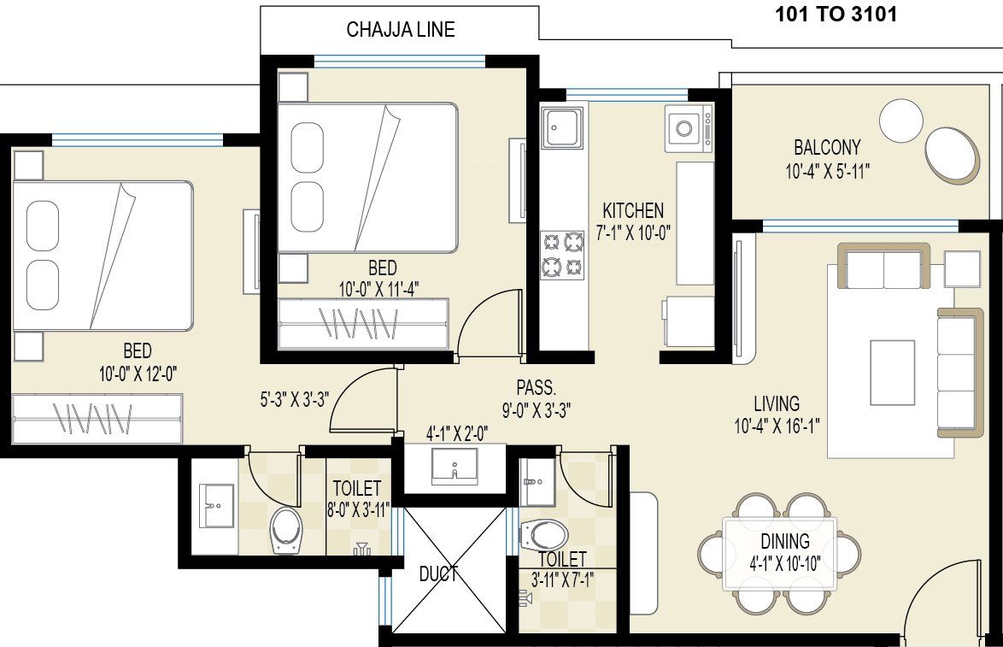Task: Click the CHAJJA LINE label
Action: coord(400,30)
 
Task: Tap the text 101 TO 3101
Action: coord(836,15)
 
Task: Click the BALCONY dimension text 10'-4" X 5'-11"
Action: coord(827,171)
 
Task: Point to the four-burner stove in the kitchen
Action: coord(562,255)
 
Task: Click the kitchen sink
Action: coord(562,127)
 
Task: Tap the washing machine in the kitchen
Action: coord(689,129)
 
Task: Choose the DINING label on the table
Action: coord(785,541)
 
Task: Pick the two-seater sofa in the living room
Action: coord(883,267)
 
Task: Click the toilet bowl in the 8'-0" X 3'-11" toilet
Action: coord(284,530)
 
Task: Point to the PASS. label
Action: coord(537,385)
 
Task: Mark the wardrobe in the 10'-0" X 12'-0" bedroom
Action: coord(98,418)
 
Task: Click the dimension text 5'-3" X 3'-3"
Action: coord(295,398)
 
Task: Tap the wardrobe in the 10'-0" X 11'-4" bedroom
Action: coord(363,324)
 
